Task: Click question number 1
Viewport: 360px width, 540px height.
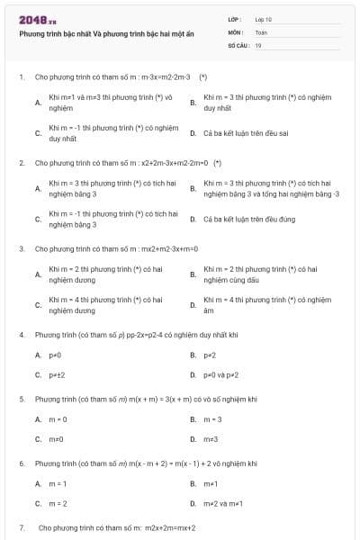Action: (x=21, y=77)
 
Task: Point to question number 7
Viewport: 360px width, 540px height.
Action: (x=21, y=527)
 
